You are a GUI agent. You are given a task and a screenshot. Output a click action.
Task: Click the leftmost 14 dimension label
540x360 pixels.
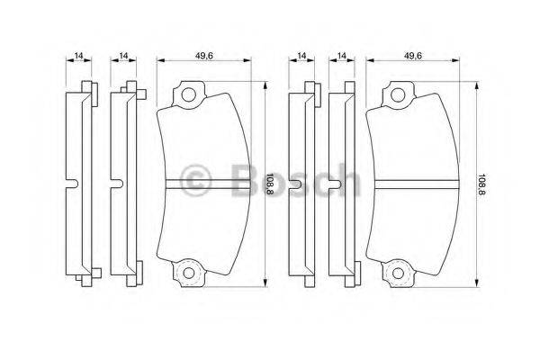(79, 56)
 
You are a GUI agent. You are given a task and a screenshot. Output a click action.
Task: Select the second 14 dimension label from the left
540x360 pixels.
(123, 56)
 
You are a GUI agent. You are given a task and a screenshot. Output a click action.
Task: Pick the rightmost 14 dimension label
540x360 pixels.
(342, 56)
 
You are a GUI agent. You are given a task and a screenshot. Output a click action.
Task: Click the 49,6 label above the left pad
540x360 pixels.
(203, 56)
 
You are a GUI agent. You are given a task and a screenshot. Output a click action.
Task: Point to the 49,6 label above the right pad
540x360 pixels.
(414, 56)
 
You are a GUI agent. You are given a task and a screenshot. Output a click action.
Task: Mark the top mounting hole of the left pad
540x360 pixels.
(187, 93)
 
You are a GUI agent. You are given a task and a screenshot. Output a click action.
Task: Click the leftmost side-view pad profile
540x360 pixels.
(82, 184)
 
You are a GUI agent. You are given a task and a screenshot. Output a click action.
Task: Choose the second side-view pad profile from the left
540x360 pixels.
(124, 184)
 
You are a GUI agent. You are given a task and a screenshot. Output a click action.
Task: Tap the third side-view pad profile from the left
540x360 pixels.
(302, 184)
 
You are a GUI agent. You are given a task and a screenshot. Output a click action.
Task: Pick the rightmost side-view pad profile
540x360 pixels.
(343, 184)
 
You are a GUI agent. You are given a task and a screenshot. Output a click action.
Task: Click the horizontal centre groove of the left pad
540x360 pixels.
(203, 185)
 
